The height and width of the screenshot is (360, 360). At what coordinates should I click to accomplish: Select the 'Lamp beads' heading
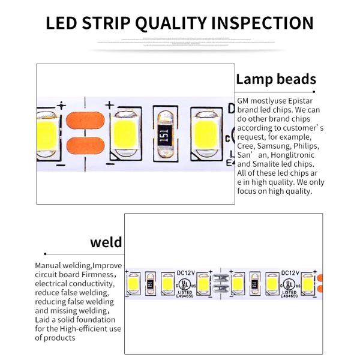click(x=275, y=79)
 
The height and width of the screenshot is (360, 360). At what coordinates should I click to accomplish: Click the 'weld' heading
click(x=106, y=242)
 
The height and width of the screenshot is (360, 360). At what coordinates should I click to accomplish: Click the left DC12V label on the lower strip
click(x=186, y=272)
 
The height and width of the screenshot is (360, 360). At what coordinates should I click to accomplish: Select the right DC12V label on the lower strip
click(x=290, y=272)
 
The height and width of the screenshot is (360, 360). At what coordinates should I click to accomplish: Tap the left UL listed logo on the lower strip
click(x=185, y=282)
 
